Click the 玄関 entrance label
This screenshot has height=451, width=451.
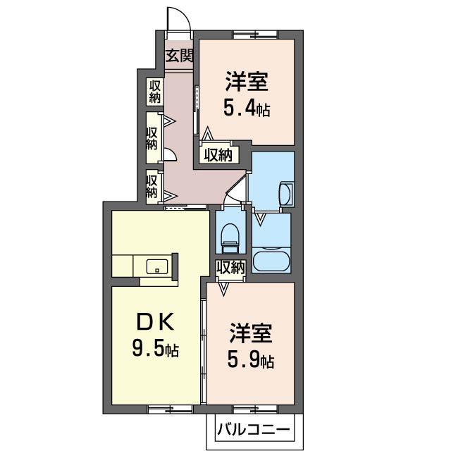tap(179, 56)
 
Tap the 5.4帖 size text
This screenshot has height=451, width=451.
tap(247, 109)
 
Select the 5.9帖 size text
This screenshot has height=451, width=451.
tap(251, 361)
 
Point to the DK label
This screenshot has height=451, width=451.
tap(155, 322)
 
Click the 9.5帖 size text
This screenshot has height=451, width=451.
tap(155, 348)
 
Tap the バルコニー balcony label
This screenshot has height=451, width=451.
tap(254, 431)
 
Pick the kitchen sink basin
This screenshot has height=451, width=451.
tap(157, 267)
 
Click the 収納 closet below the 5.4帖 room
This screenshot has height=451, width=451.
tap(219, 155)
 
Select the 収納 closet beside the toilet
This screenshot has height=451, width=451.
tap(230, 268)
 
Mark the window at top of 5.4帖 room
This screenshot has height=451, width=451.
tap(255, 35)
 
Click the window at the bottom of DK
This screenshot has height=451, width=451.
tap(171, 409)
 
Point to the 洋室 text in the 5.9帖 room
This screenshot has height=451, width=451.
tap(251, 333)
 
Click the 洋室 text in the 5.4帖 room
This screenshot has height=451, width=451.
tap(247, 82)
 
